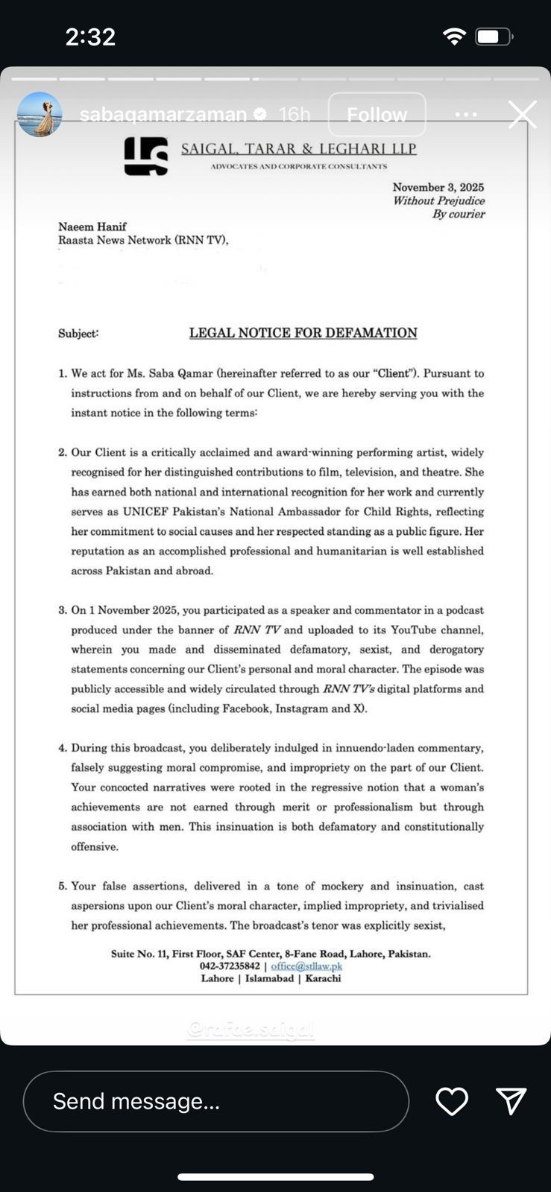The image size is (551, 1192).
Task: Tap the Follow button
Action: (377, 115)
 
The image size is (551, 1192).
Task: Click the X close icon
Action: (522, 115)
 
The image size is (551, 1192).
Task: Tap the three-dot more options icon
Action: (466, 115)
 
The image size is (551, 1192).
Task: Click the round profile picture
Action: (40, 115)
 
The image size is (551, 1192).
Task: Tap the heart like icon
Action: (452, 1101)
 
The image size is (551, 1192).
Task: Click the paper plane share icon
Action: (511, 1101)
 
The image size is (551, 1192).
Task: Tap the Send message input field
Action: (216, 1101)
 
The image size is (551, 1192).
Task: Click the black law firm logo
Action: (146, 156)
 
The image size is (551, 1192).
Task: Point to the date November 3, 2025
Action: (438, 188)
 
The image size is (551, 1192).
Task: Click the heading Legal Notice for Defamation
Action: (303, 333)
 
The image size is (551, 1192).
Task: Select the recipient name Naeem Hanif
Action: (92, 226)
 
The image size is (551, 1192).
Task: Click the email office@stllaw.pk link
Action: (306, 966)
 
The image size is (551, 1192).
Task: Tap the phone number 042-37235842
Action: (230, 966)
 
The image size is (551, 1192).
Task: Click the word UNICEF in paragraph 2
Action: (148, 512)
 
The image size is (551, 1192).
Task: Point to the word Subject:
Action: (78, 334)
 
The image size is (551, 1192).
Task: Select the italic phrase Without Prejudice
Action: (438, 201)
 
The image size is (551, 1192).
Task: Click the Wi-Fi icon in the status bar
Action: (454, 37)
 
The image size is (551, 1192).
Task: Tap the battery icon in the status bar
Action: (494, 37)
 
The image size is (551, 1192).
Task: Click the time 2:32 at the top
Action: (90, 37)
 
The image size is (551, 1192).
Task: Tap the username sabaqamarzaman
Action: (163, 115)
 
